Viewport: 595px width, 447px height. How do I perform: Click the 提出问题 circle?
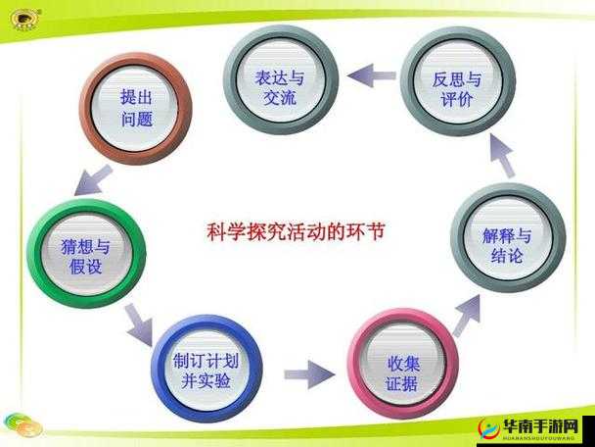(136, 107)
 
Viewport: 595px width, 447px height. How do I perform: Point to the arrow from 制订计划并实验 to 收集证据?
(307, 373)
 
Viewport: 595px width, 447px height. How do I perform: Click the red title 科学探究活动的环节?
(297, 232)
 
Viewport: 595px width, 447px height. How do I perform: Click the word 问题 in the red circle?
(136, 119)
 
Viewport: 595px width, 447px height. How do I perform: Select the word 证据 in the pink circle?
(401, 384)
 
